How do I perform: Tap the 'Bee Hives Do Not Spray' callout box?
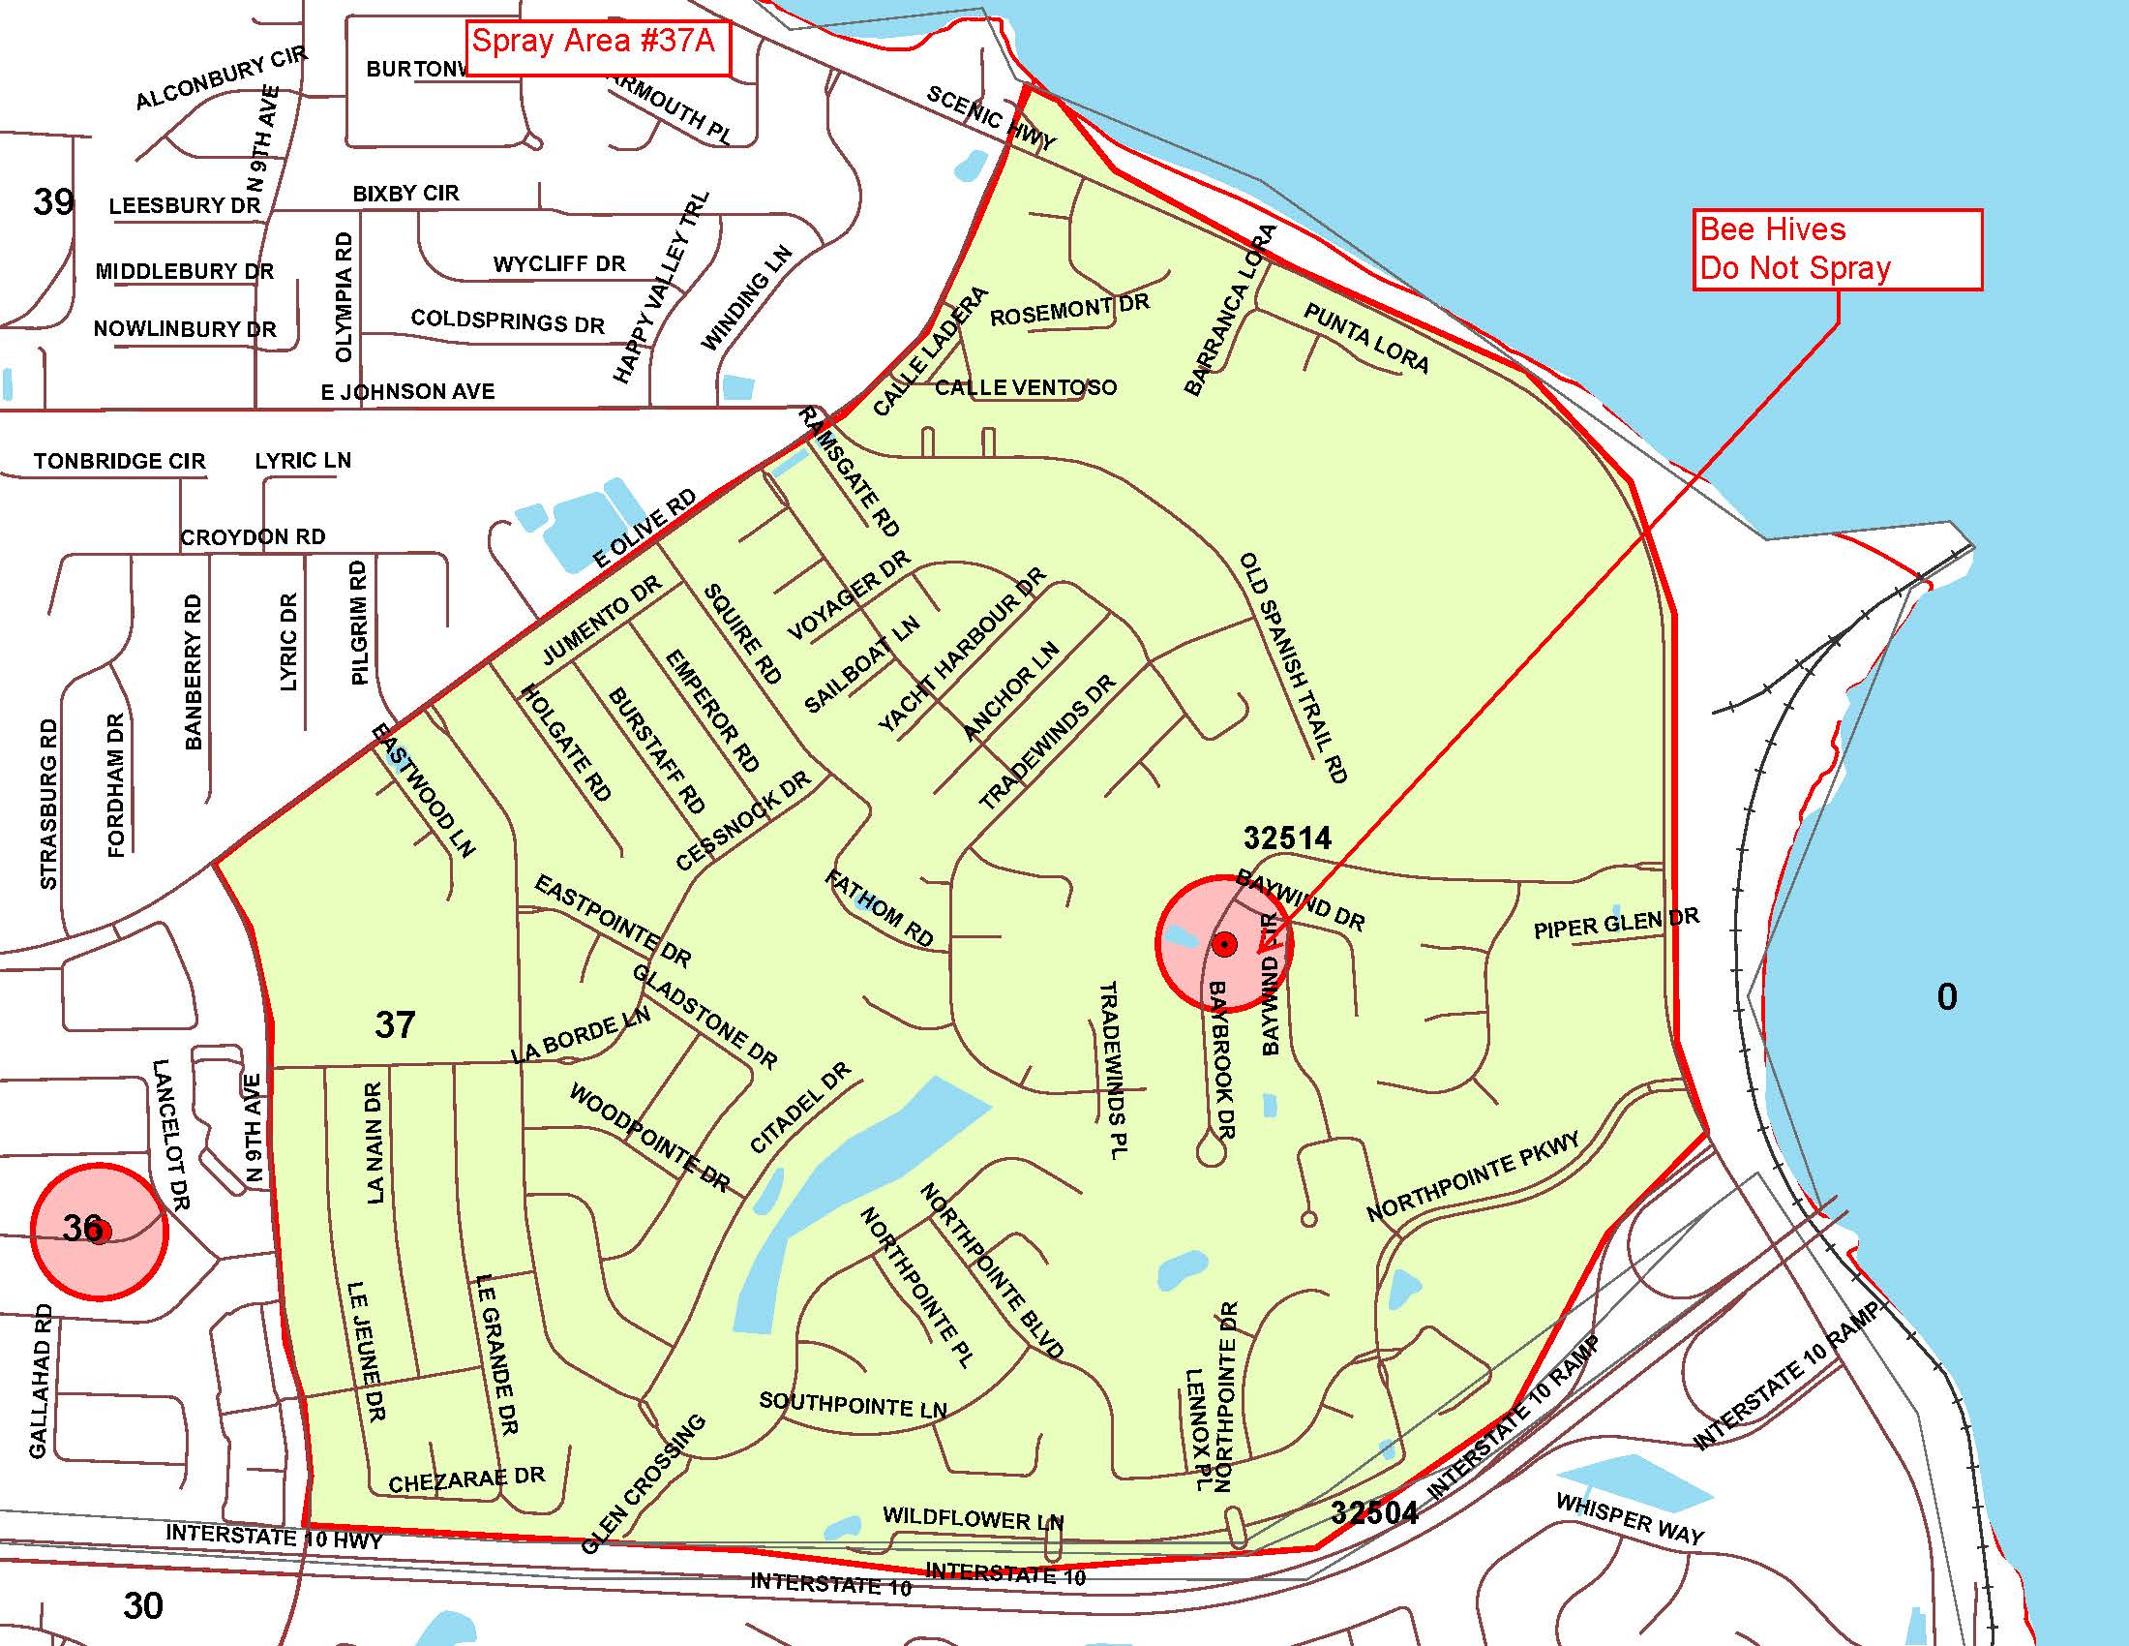coord(1837,249)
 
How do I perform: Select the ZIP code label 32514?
coord(1287,838)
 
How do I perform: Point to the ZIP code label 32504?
coord(1374,1512)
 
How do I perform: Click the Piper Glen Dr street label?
coord(1615,923)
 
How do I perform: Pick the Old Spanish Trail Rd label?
coord(1293,667)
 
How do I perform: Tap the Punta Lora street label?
coord(1365,338)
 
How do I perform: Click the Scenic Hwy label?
coord(990,118)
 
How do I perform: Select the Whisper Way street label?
coord(1630,1518)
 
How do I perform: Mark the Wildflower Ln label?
coord(973,1519)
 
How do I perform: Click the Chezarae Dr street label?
coord(466,1479)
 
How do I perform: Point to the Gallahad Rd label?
coord(39,1381)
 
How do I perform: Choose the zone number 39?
coord(52,201)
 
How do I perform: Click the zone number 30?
coord(143,1605)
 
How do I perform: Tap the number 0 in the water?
coord(1946,996)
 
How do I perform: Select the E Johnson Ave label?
coord(407,392)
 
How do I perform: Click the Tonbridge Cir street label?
coord(119,461)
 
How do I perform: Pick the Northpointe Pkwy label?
coord(1472,1177)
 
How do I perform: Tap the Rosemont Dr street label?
coord(1069,310)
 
